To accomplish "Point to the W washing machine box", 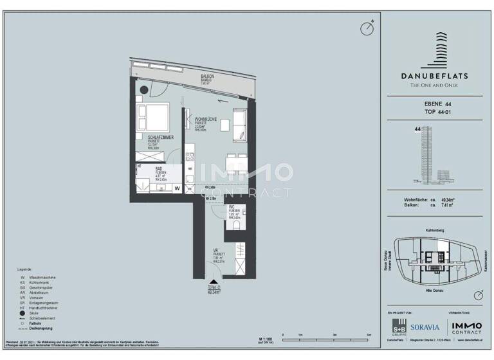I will pos(177,188).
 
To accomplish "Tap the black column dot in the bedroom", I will pos(144,89).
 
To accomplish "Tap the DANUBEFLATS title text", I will pos(434,75).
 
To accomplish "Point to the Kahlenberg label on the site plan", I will pos(434,230).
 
